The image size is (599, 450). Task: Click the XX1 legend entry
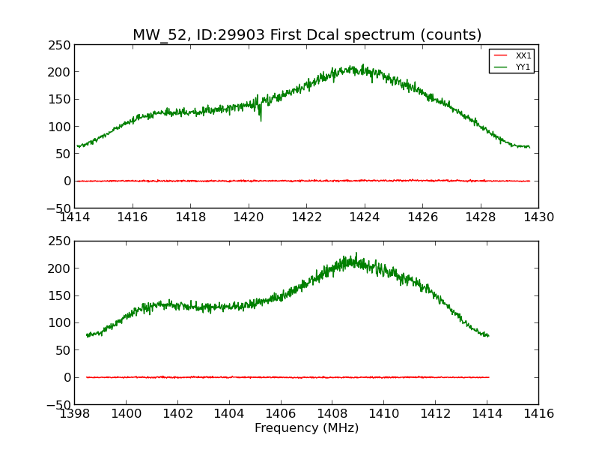[523, 55]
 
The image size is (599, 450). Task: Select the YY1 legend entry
[523, 67]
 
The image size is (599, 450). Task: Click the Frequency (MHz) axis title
[306, 428]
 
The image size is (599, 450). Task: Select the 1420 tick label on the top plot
[249, 217]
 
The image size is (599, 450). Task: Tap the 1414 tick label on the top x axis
[75, 217]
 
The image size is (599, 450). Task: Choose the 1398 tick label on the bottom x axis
[75, 413]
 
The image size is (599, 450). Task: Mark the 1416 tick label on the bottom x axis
[538, 413]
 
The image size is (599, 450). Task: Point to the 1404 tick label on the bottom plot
[229, 413]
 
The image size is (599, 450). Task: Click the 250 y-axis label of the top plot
[61, 45]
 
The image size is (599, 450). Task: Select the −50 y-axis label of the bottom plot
[58, 405]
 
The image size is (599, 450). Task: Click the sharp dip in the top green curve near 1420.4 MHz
[261, 119]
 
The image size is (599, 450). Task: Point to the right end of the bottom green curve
[489, 335]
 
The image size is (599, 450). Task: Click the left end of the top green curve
[77, 146]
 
